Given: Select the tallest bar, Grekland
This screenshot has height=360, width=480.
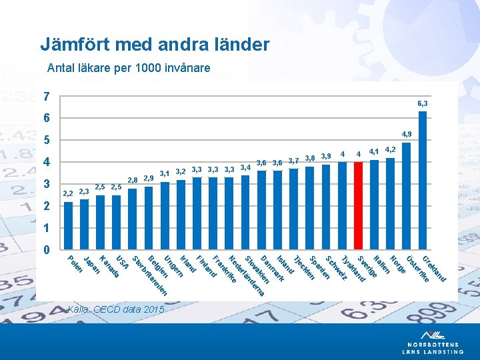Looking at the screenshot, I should coord(423,180).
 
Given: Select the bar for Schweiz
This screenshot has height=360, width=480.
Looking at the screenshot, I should coord(326,207).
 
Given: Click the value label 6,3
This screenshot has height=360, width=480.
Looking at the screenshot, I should coord(423,104).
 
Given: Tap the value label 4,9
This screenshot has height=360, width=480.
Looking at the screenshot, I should coord(406,134).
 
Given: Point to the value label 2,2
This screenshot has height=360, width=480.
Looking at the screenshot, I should coord(67,193).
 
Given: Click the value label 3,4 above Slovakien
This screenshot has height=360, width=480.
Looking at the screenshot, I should coord(245,167).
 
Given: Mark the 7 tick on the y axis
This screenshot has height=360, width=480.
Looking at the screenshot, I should coord(46,97).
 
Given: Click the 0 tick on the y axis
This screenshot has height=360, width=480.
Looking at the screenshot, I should coord(46,250).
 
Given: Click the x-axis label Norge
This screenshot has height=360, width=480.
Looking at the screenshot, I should coord(398,263).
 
